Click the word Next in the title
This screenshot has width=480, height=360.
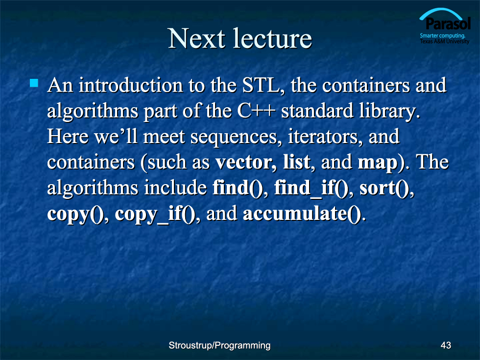pyautogui.click(x=196, y=38)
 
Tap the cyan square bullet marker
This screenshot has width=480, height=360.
pyautogui.click(x=34, y=83)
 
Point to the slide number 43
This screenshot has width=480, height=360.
pyautogui.click(x=446, y=345)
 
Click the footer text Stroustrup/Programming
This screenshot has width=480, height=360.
pyautogui.click(x=219, y=346)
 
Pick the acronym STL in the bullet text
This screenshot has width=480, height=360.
pyautogui.click(x=261, y=85)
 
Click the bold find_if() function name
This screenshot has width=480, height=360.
pyautogui.click(x=311, y=188)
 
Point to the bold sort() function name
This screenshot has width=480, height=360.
pyautogui.click(x=385, y=188)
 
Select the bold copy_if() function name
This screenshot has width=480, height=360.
pyautogui.click(x=155, y=214)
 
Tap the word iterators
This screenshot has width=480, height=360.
pyautogui.click(x=323, y=137)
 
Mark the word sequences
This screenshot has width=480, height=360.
pyautogui.click(x=234, y=137)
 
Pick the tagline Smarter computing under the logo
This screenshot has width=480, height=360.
pyautogui.click(x=442, y=35)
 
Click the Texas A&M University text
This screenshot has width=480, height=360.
pyautogui.click(x=445, y=41)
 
